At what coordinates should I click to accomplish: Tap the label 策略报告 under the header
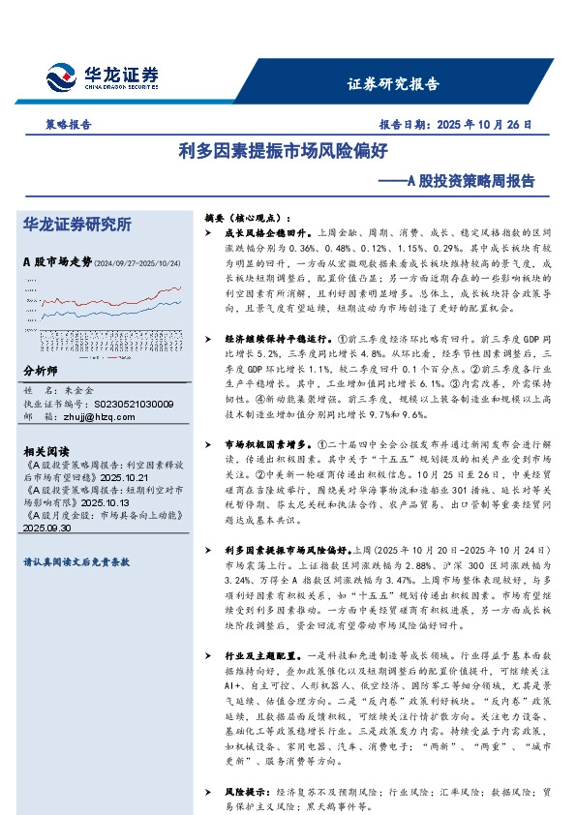coord(69,125)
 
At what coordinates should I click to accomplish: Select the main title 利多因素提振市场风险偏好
coord(288,151)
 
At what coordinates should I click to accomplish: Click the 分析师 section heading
coord(40,372)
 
